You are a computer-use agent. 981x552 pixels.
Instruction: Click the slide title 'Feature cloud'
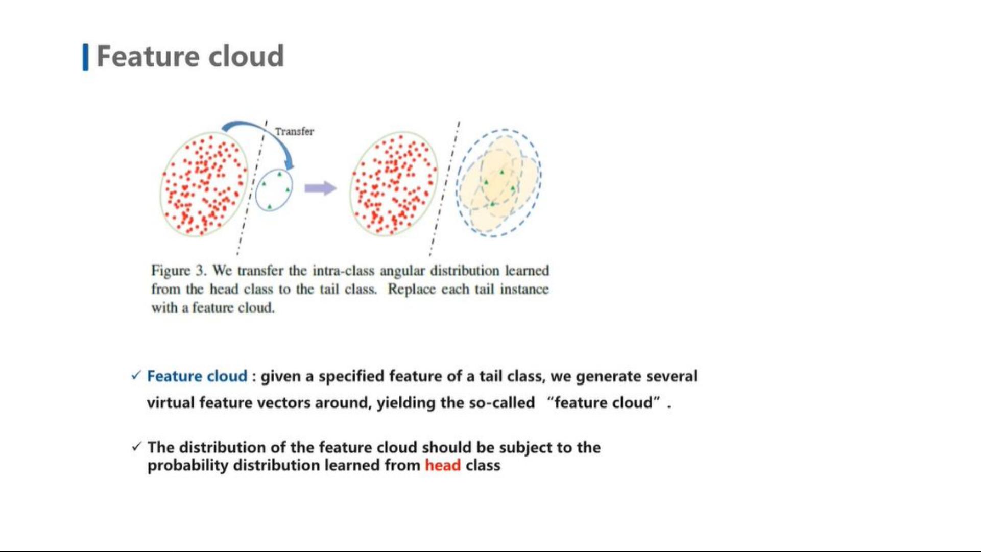(190, 56)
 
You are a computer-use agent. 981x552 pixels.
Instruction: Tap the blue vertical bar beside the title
(85, 57)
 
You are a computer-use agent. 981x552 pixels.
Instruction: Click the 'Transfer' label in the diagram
(294, 131)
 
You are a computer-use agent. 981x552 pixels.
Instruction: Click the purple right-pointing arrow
(320, 188)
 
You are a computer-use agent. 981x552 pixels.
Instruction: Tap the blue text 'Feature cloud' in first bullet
(197, 376)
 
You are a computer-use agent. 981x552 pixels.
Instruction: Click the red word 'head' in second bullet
(443, 465)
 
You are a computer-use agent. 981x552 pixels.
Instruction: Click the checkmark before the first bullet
(135, 376)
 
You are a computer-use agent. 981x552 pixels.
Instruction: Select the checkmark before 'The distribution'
(136, 447)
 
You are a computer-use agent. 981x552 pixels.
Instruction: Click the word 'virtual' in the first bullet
(171, 403)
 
